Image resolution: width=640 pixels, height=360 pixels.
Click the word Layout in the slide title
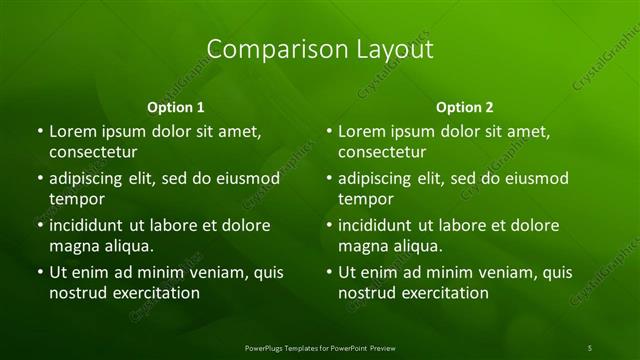(387, 49)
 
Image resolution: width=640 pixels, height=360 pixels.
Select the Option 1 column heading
(176, 106)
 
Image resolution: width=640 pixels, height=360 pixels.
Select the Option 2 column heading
(465, 106)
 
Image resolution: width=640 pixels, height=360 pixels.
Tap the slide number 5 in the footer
(590, 347)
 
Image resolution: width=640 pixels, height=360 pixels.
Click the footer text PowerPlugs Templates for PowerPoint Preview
(320, 347)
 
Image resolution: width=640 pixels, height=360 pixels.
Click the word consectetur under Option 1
(93, 152)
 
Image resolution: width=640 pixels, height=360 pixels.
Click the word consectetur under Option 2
(382, 152)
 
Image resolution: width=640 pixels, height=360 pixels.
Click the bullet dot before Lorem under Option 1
(39, 132)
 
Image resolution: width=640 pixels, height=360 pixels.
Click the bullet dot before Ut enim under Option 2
(328, 272)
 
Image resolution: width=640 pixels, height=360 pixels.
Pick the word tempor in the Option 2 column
(366, 199)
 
